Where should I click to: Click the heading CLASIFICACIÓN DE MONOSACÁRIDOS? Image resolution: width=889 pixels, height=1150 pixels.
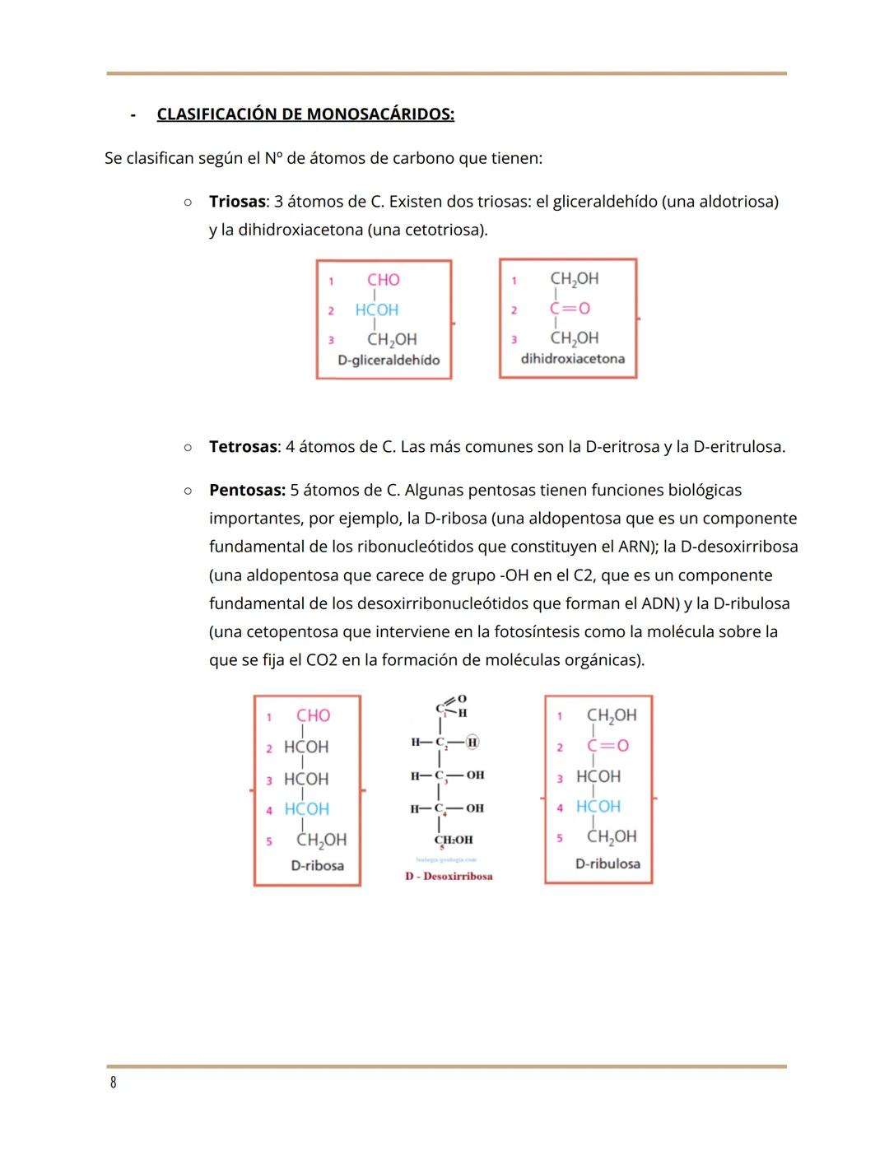(x=305, y=114)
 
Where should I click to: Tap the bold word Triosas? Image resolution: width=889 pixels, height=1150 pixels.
(x=237, y=202)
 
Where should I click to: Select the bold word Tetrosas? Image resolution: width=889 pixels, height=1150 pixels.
(x=243, y=447)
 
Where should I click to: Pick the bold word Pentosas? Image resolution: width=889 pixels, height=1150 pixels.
(x=247, y=491)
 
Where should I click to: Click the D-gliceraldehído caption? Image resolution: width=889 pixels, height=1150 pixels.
(x=389, y=361)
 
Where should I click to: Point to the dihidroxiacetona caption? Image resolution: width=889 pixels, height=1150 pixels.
(x=572, y=359)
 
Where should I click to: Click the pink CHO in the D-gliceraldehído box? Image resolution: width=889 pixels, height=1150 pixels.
(x=384, y=280)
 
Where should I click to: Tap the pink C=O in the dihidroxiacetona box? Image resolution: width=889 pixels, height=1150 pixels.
(x=570, y=309)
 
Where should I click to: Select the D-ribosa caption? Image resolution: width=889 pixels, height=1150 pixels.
(x=317, y=866)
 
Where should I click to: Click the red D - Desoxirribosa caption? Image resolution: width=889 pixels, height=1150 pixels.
(x=449, y=877)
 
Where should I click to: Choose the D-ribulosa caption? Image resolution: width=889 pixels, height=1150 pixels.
(x=607, y=864)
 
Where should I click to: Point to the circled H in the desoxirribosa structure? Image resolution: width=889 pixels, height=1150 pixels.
(x=472, y=743)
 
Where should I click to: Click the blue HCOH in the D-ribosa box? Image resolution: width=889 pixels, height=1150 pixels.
(x=306, y=810)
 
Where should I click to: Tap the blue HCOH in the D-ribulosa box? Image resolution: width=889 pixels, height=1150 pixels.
(x=598, y=807)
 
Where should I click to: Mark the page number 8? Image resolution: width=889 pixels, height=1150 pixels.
(x=114, y=1082)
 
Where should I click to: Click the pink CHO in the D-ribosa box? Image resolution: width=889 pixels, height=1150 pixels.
(x=313, y=716)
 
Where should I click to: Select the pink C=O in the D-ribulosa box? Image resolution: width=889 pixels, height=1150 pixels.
(x=607, y=746)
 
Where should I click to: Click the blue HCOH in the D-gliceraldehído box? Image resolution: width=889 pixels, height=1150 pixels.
(x=376, y=310)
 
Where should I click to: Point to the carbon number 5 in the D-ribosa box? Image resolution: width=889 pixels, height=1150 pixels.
(x=269, y=841)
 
